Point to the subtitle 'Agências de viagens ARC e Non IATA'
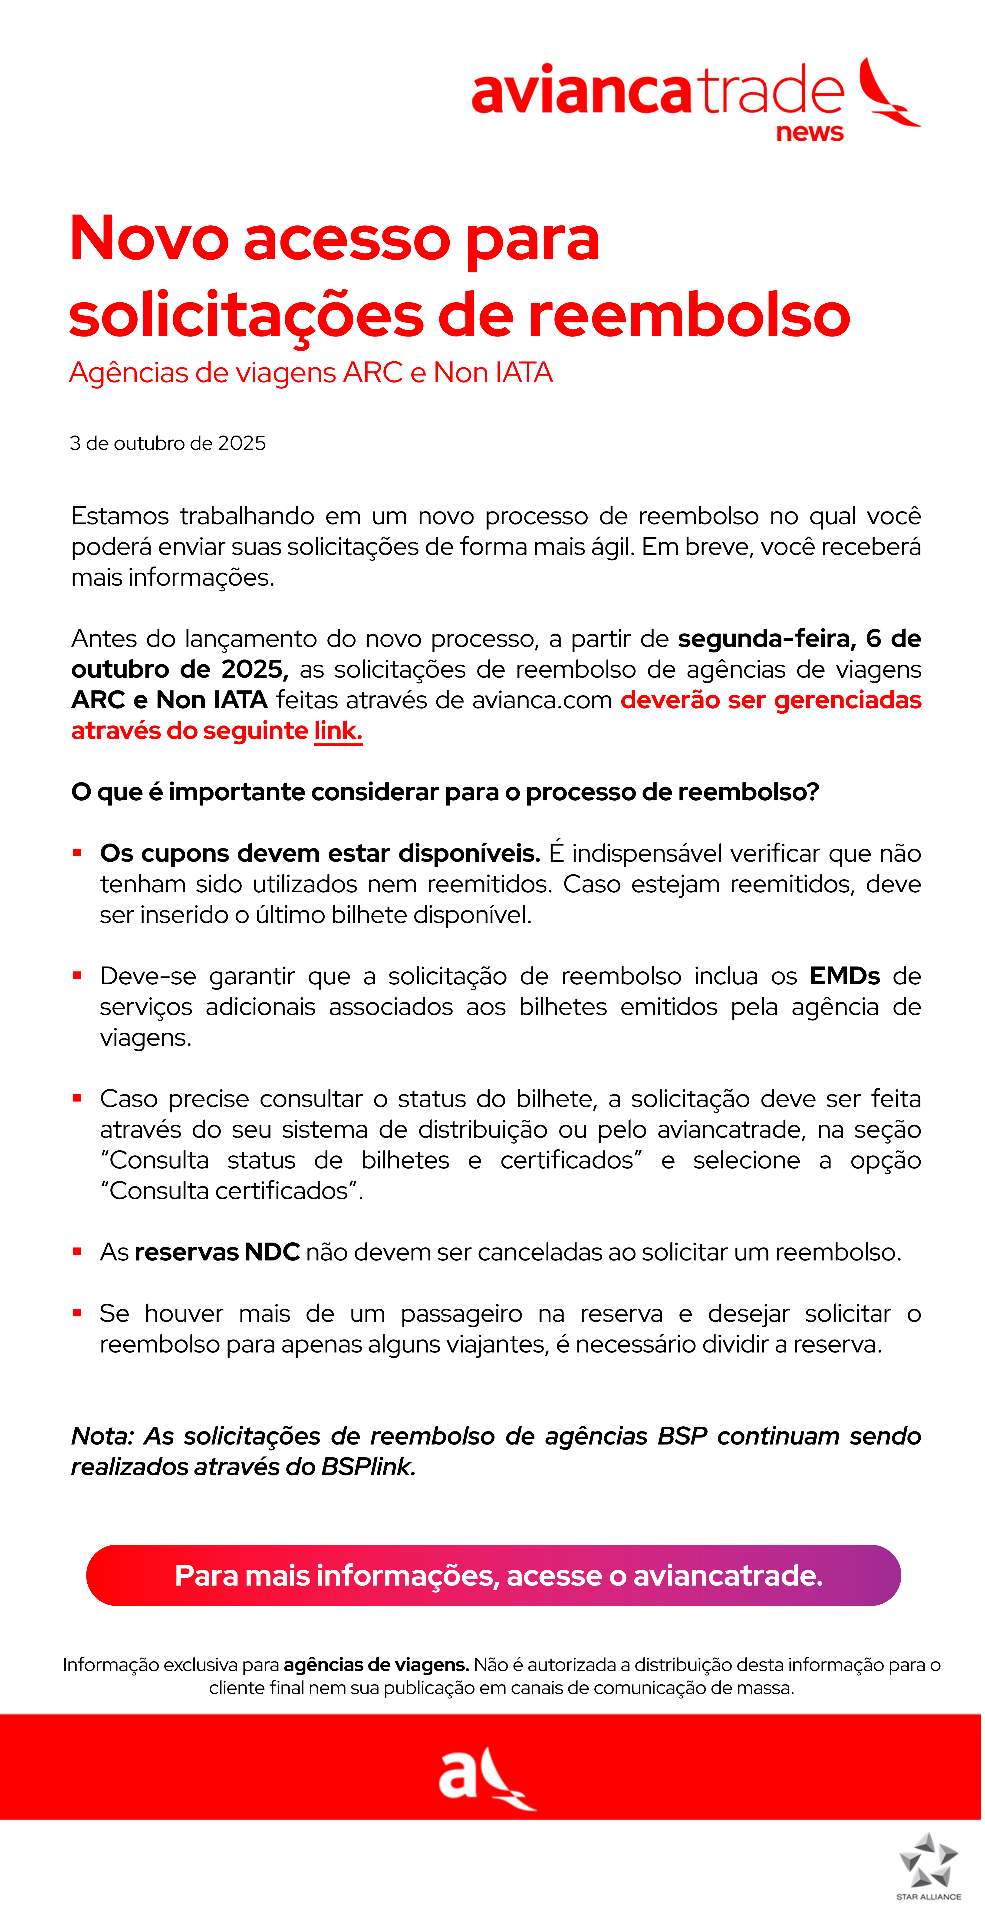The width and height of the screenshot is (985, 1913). [x=310, y=373]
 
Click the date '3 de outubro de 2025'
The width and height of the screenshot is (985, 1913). [x=168, y=443]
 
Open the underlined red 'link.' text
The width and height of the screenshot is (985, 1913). [x=338, y=731]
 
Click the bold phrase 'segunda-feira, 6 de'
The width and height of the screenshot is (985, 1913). [x=799, y=639]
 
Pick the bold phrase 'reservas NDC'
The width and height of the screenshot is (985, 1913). [x=217, y=1252]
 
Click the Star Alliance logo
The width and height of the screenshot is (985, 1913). [x=928, y=1865]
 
